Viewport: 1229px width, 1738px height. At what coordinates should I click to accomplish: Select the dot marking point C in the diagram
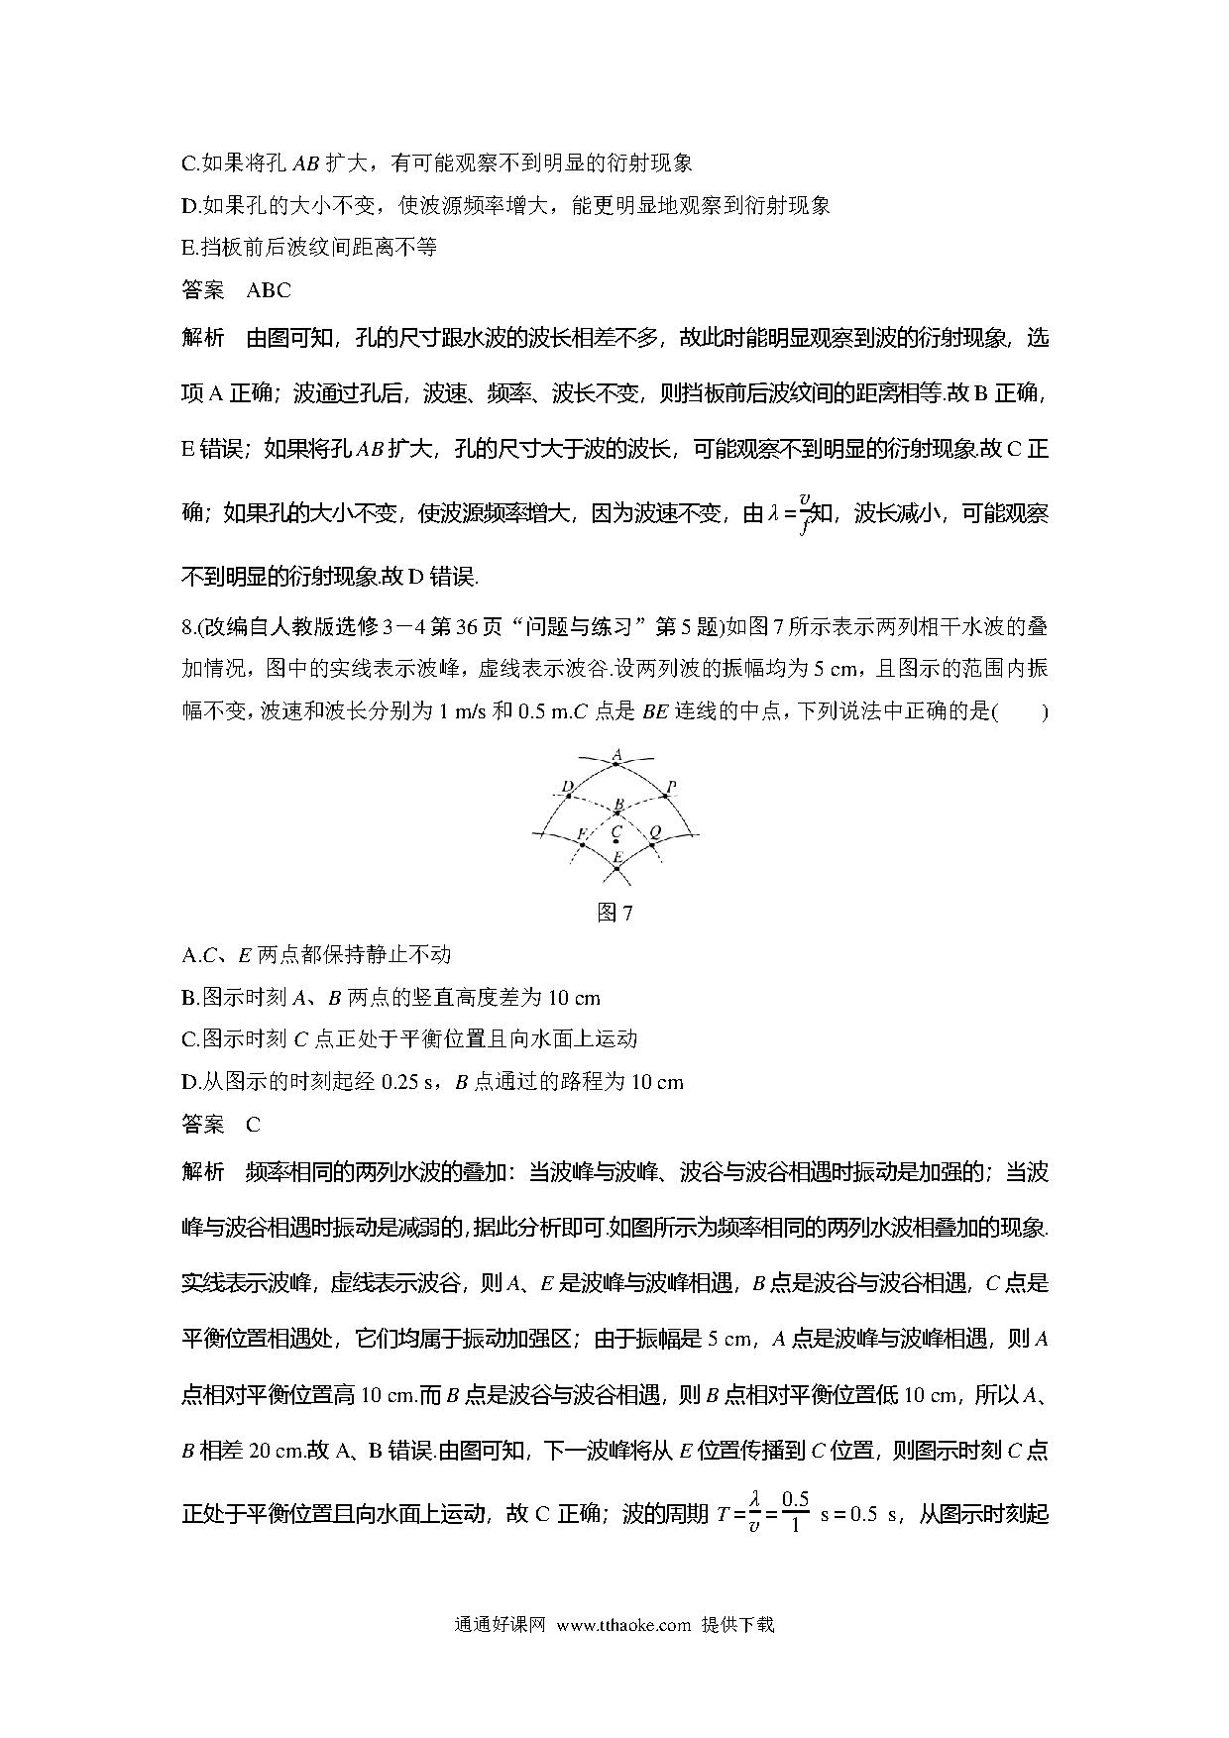click(x=616, y=841)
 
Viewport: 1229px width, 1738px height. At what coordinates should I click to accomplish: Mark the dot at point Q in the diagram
click(x=651, y=842)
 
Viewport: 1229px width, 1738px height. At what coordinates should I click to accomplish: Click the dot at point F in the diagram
click(x=583, y=842)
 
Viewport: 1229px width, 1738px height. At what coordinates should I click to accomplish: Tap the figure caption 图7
click(x=614, y=913)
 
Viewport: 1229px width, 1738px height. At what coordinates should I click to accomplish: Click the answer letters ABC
click(x=268, y=290)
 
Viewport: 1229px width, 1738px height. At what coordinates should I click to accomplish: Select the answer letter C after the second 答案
click(x=254, y=1125)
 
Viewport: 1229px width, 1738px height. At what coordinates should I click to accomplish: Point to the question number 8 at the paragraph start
click(x=187, y=627)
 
